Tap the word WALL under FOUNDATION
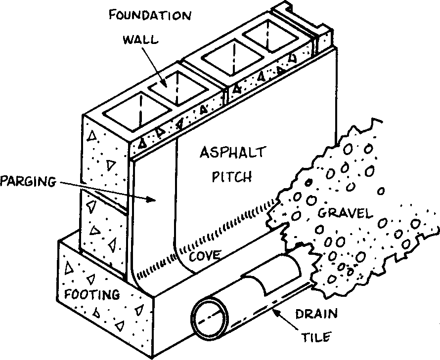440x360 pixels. pyautogui.click(x=141, y=40)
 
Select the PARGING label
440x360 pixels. pyautogui.click(x=27, y=181)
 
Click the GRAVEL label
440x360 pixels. pyautogui.click(x=345, y=213)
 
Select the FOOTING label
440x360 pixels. pyautogui.click(x=92, y=294)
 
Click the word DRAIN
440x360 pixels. pyautogui.click(x=316, y=313)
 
